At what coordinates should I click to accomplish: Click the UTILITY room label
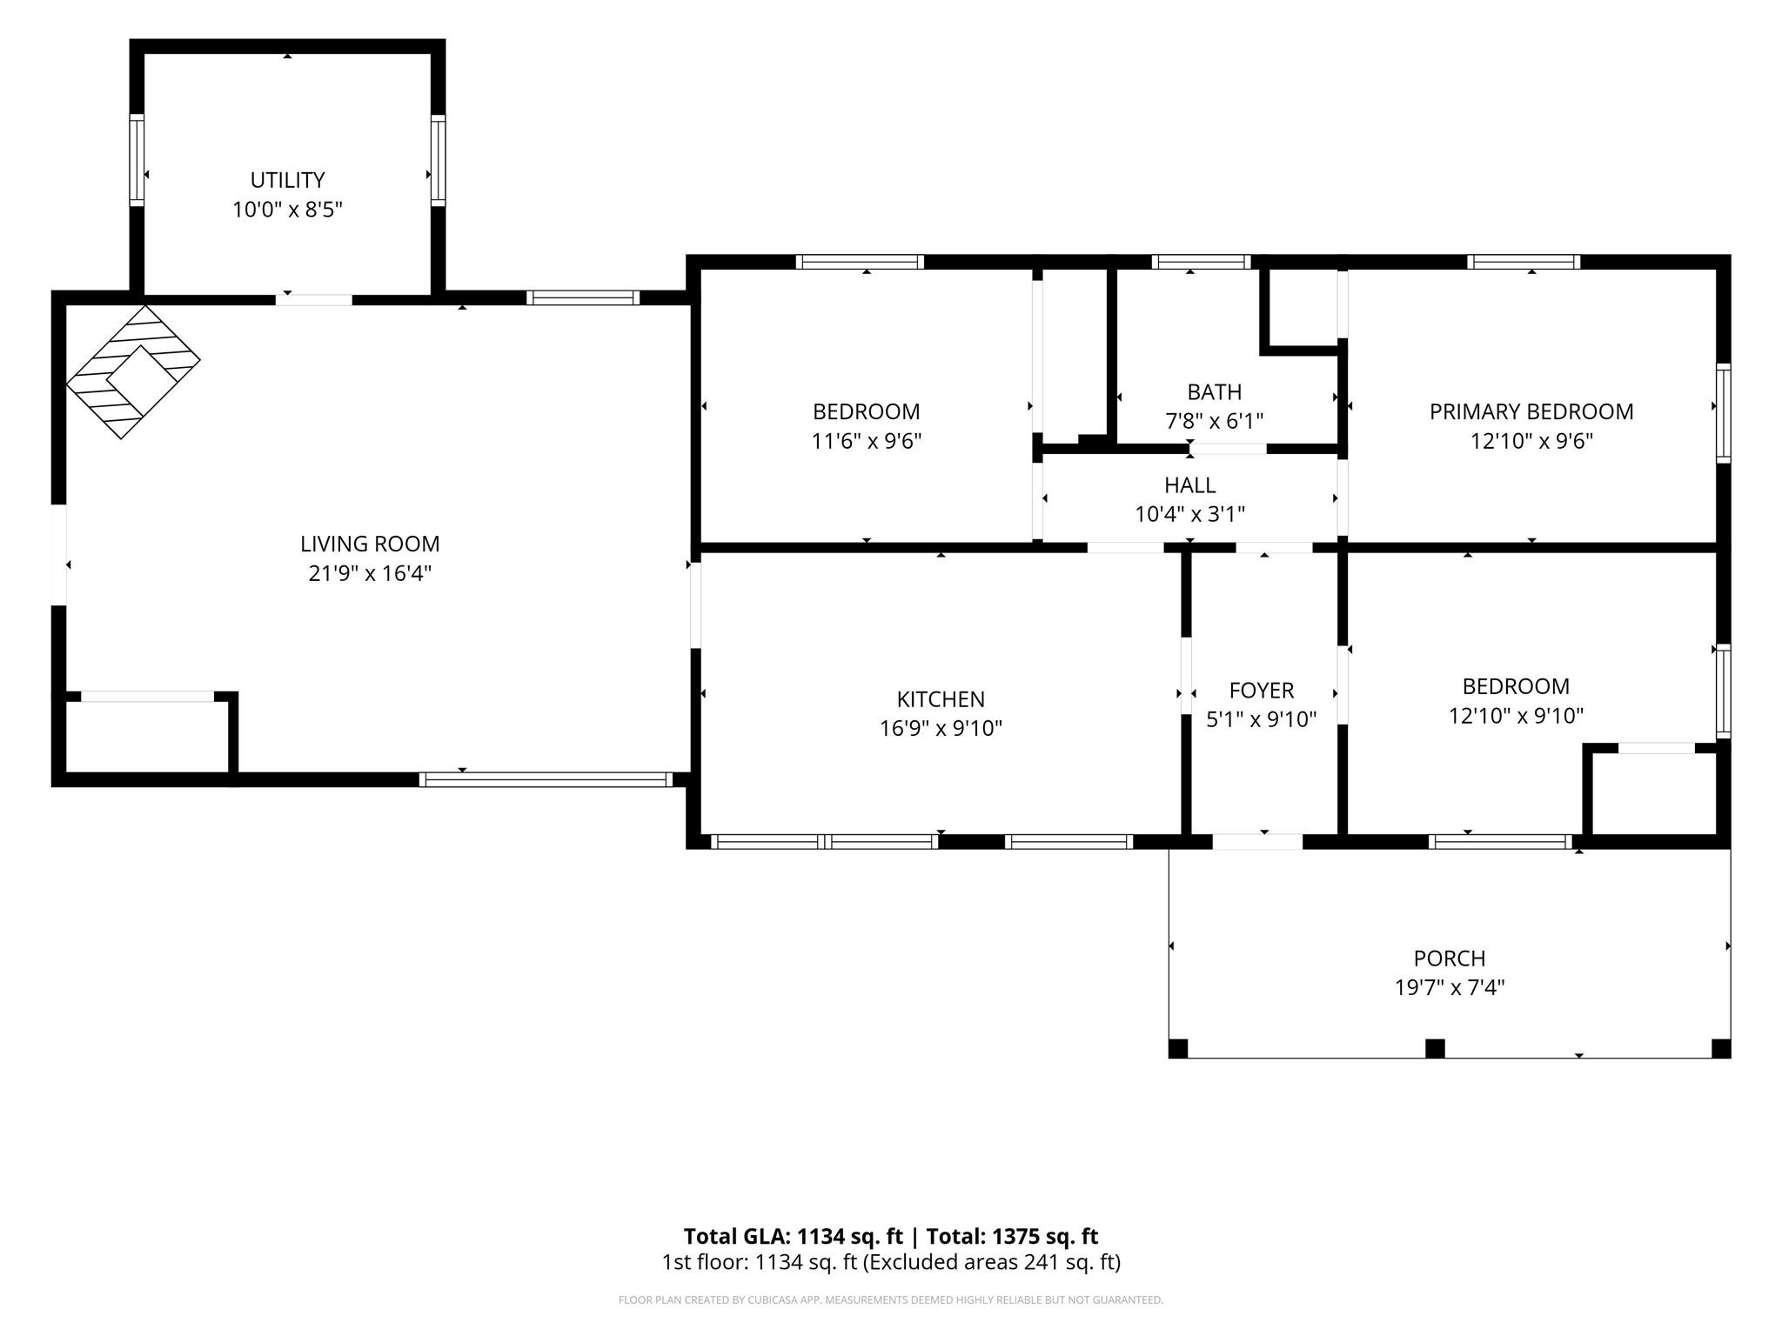(x=287, y=180)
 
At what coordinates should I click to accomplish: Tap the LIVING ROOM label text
(x=370, y=544)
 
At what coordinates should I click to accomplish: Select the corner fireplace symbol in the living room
(x=133, y=371)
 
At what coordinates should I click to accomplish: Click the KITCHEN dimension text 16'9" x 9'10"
(x=941, y=728)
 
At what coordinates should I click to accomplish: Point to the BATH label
(x=1214, y=391)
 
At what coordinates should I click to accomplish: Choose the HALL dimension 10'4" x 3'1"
(x=1189, y=514)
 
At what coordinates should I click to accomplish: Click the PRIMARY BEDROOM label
(x=1531, y=411)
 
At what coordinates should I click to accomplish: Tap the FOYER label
(x=1262, y=691)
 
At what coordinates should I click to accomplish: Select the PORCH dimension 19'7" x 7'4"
(x=1450, y=987)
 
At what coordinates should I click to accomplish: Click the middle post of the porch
(x=1435, y=1048)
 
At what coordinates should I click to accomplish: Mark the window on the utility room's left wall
(x=137, y=160)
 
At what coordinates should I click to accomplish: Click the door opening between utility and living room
(x=314, y=300)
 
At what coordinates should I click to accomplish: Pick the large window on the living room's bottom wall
(x=546, y=779)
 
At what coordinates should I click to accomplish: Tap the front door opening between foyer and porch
(x=1257, y=841)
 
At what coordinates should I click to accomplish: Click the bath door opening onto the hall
(x=1228, y=449)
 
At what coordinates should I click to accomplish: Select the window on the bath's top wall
(x=1202, y=262)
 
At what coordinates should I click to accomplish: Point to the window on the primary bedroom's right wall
(x=1723, y=412)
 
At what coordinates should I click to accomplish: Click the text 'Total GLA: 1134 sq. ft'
(x=793, y=1236)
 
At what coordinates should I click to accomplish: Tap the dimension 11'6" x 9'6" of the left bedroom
(x=867, y=441)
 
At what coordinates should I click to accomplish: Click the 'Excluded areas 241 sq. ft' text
(x=991, y=1262)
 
